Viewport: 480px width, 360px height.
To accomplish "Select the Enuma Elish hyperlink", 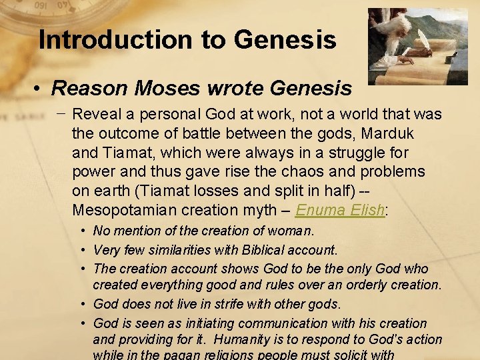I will [x=340, y=211].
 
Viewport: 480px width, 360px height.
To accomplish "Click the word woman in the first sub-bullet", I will [x=292, y=232].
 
